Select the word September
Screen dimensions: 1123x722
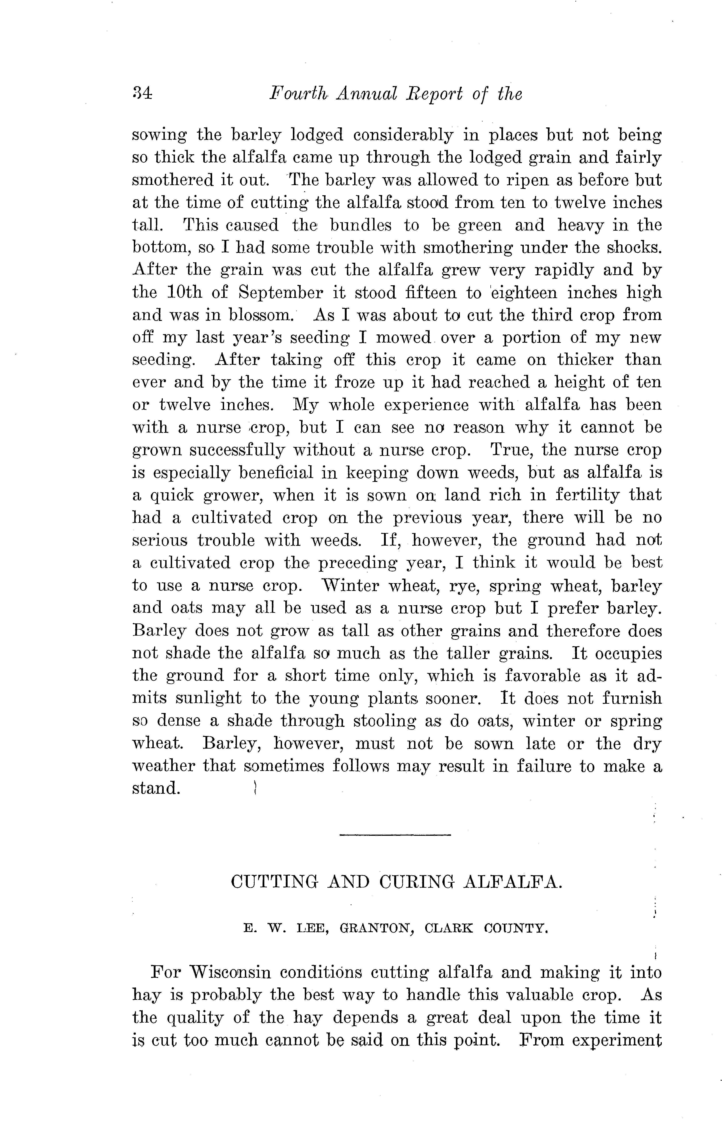click(280, 293)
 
